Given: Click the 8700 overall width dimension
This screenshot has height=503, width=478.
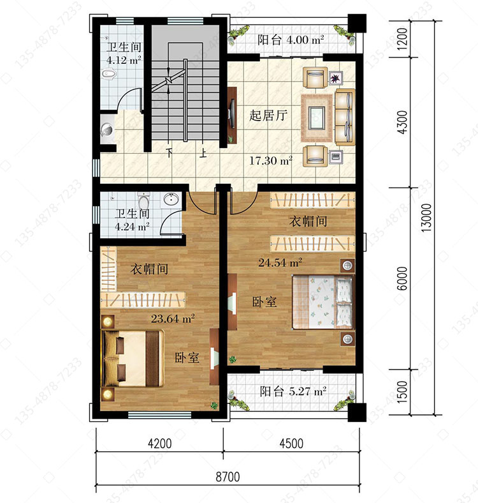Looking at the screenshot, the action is coord(228,477).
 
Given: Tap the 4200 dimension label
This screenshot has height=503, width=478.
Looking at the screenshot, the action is coord(159,444).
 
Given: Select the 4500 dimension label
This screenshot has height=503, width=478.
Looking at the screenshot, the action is coord(291,444).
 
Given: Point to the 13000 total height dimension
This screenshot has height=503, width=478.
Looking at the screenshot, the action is coord(426,218).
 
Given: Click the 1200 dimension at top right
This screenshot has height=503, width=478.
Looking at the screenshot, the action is coord(402,38).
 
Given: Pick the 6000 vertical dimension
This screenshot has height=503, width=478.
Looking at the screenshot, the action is coord(402,278).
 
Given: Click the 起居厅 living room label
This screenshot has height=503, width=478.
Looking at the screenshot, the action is coord(268,115).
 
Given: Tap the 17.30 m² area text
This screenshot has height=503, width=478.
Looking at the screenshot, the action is coord(271,160).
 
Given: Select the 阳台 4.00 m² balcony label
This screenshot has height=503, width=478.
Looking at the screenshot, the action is coord(291,40).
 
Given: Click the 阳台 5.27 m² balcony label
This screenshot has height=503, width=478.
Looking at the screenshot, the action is coord(293,391).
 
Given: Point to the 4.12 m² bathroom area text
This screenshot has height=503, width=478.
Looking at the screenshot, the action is coord(124,60).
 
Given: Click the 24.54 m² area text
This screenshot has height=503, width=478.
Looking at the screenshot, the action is coord(280,263).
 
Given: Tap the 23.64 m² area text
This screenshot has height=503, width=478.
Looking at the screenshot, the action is coord(173,319).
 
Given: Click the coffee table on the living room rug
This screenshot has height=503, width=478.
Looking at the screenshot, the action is coord(317,117).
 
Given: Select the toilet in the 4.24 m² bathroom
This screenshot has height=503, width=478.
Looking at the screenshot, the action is coord(143,200).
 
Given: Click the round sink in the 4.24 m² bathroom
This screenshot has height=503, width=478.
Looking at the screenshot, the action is coord(171,199).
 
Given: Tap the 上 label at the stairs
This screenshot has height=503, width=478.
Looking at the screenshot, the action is coord(203,153).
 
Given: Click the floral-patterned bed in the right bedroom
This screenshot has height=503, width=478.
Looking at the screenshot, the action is coord(324,303).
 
